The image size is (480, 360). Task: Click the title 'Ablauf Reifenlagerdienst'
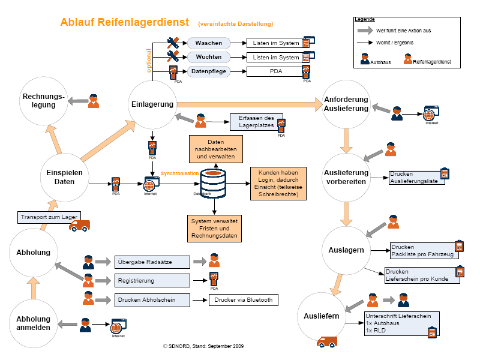click(125, 22)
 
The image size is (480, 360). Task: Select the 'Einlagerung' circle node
click(152, 104)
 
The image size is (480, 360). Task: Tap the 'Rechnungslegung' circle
click(44, 101)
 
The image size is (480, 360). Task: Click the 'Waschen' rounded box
click(209, 43)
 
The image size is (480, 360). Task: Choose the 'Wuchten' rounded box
click(209, 58)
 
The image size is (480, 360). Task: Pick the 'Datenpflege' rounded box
click(209, 71)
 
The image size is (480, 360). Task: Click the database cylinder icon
click(214, 181)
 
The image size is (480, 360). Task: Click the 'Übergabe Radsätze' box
click(152, 262)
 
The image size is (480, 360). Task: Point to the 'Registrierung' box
click(152, 280)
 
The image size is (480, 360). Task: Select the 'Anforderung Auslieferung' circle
click(346, 104)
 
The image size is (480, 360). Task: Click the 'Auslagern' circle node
click(346, 250)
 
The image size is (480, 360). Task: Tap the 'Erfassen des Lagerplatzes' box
click(256, 122)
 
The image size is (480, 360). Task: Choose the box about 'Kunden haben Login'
click(278, 182)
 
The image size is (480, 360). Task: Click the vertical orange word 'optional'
click(149, 60)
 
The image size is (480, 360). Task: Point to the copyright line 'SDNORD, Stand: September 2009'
click(203, 346)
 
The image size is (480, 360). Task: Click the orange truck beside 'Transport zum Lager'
click(79, 226)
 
